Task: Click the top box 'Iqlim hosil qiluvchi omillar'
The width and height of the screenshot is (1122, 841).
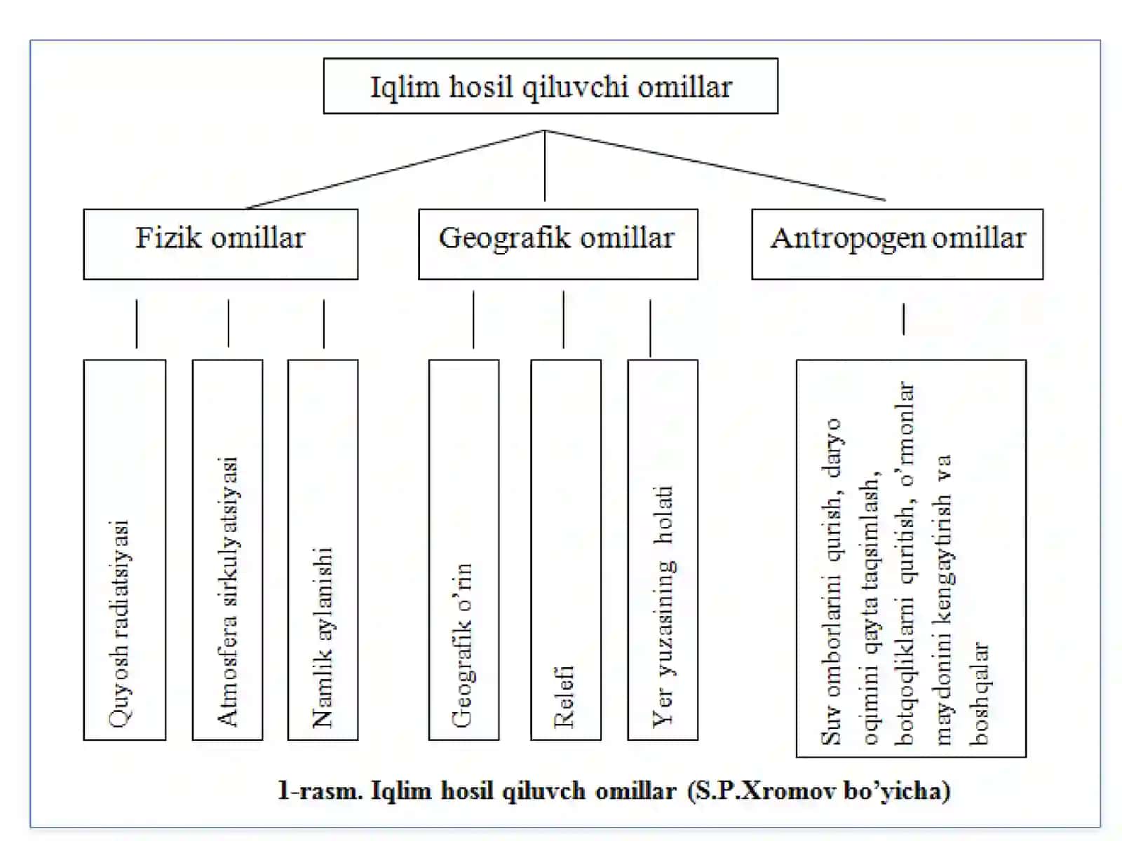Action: pos(550,86)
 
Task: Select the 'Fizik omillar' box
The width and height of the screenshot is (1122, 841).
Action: pos(221,244)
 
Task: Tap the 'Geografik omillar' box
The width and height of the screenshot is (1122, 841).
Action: pos(558,244)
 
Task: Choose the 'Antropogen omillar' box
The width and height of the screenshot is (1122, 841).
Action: pos(897,244)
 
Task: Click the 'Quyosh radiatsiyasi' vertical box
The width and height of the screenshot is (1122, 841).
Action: pos(125,549)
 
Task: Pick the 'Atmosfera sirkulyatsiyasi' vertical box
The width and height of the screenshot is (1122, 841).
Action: pos(227,549)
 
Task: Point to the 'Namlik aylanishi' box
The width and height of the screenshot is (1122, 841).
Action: pos(323,549)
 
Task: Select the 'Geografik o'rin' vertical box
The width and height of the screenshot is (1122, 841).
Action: pos(464,549)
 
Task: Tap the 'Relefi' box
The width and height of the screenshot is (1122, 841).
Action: pos(566,549)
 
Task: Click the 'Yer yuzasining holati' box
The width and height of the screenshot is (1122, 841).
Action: pos(663,549)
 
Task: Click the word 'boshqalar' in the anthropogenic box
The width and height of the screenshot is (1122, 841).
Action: pos(979,694)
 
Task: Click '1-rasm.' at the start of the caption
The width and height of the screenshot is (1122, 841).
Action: pos(320,791)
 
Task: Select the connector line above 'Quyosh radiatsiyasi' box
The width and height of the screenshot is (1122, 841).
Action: pos(137,324)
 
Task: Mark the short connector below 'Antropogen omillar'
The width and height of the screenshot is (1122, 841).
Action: pos(904,319)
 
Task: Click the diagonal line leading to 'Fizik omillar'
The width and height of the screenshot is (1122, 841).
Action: pos(395,170)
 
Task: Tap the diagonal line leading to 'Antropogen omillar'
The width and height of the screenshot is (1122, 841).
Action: pos(715,165)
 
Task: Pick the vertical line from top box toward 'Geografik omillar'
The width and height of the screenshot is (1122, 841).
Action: pos(545,165)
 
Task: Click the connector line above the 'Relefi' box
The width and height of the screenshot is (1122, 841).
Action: pos(564,320)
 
